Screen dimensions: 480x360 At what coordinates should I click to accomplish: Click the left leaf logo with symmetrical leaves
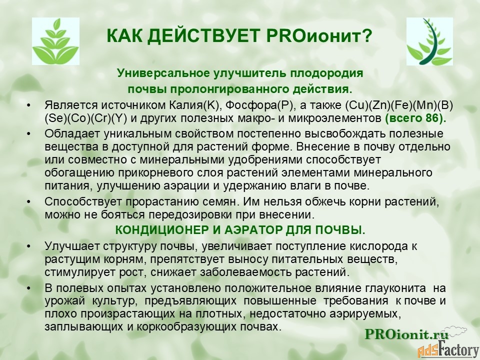pyautogui.click(x=55, y=41)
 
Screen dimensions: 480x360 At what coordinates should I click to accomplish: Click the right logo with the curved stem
pyautogui.click(x=429, y=41)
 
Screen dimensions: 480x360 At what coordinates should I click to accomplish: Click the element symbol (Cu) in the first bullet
pyautogui.click(x=356, y=105)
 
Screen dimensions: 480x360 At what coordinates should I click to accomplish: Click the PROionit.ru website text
pyautogui.click(x=406, y=334)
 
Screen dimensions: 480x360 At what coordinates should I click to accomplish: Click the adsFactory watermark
pyautogui.click(x=448, y=349)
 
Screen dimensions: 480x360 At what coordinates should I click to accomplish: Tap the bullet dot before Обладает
pyautogui.click(x=29, y=134)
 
